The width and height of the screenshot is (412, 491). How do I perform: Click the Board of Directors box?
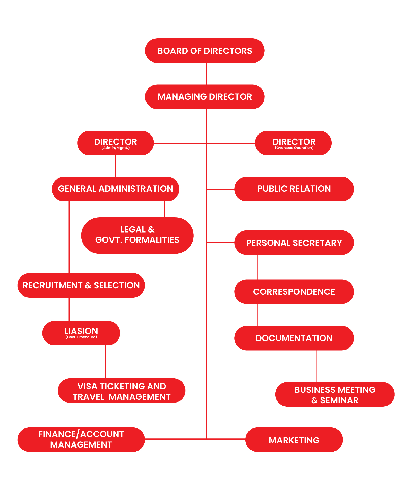point(205,51)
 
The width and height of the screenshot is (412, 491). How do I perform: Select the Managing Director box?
point(205,97)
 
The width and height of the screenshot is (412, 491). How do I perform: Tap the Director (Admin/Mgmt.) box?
point(116,143)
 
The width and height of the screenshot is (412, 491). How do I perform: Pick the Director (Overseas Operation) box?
point(293,143)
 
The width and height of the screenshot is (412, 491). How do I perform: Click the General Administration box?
point(116,189)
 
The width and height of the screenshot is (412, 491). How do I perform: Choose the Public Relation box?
point(294,189)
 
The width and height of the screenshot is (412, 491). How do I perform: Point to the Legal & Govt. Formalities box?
point(137,236)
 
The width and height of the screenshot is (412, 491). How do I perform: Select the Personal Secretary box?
point(294,243)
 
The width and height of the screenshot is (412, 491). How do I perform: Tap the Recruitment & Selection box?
point(81,285)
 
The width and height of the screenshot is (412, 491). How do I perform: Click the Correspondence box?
point(294,292)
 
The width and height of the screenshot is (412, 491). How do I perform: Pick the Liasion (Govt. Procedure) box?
point(81,333)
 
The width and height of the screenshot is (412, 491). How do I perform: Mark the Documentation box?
point(294,338)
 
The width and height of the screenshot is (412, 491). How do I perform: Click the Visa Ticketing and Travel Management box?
point(122,390)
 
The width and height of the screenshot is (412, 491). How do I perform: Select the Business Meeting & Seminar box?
point(335,394)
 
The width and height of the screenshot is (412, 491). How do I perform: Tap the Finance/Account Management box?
point(81,440)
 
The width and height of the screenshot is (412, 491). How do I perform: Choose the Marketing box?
point(294,440)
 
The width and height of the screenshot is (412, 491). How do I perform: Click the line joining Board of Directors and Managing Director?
point(206,74)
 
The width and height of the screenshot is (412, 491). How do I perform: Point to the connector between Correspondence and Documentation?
point(257,315)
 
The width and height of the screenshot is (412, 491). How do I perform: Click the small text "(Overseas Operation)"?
point(294,148)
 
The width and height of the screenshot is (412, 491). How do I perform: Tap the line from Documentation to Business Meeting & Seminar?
point(316,366)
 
